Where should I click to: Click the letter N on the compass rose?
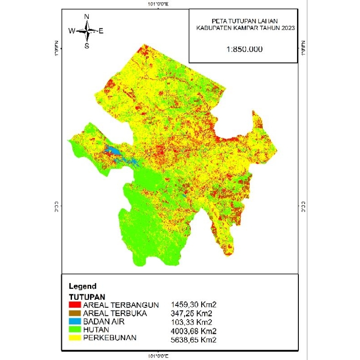click(x=87, y=17)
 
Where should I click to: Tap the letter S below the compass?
click(x=87, y=45)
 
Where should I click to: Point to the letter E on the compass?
click(x=101, y=31)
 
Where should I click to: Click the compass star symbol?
click(x=87, y=31)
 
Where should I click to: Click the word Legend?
click(x=82, y=286)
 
